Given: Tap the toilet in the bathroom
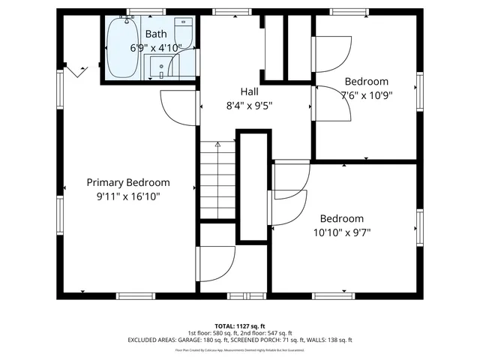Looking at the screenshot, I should point(184,33).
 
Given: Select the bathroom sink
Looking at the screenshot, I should point(163,70).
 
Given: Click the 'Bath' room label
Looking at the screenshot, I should point(156,34).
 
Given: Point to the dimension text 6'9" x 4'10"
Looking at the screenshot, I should point(156,47).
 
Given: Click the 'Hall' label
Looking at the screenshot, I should point(249,91).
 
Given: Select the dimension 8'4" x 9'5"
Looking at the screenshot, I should point(249,106).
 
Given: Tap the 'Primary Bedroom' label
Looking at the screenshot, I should point(127,182).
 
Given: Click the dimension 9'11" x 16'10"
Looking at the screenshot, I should point(127,196).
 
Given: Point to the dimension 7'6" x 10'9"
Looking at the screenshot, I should point(367,95).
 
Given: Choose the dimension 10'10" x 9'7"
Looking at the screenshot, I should point(342,232).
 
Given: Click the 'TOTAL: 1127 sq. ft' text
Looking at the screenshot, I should point(239,325).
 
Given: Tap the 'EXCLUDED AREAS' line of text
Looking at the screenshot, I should point(239,340).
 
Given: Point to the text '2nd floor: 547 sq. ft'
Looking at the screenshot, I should point(266,333).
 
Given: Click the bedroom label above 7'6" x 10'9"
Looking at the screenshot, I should point(367,81).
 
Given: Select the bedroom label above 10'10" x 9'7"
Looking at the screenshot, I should point(342,218).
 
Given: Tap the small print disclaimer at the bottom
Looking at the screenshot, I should point(239,349).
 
